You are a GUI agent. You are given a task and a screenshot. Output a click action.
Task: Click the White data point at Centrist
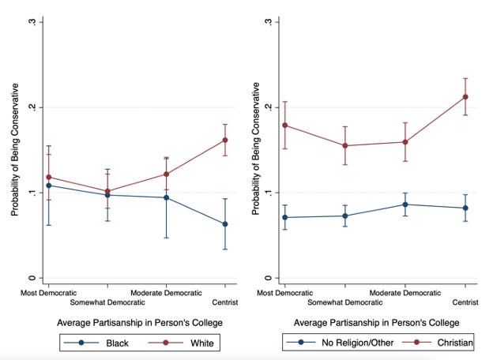225,140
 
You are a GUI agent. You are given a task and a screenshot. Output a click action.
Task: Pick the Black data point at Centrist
225,224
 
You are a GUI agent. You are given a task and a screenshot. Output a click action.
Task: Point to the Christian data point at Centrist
465,97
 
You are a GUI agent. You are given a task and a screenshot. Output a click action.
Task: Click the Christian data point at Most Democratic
285,125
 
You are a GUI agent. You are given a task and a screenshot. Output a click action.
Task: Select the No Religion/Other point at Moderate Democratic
405,204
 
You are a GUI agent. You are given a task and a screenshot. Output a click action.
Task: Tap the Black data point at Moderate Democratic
166,197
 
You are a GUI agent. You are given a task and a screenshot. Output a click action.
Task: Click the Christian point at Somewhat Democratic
345,146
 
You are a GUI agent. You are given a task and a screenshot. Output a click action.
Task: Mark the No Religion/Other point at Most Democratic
285,217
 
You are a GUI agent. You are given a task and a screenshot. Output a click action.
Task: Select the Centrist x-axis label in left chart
225,302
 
